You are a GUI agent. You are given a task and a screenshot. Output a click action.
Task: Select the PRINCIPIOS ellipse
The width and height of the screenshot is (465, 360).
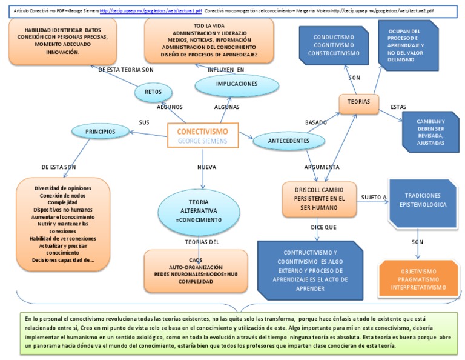coord(101,131)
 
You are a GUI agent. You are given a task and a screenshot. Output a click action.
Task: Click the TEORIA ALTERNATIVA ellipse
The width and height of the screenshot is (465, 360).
coord(203,210)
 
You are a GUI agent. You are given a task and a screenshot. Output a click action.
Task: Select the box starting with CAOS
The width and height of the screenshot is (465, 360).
coord(195,267)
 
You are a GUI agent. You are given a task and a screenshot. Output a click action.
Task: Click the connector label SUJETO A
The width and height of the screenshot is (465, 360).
coord(374,198)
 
